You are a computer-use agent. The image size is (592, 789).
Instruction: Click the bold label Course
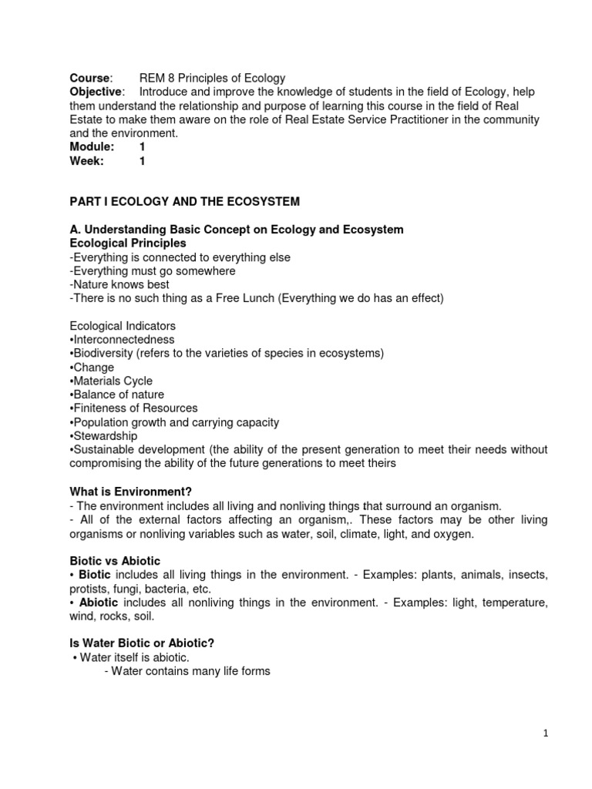click(89, 78)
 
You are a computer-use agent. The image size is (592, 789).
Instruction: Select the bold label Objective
click(96, 92)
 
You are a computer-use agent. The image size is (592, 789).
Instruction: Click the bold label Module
click(92, 147)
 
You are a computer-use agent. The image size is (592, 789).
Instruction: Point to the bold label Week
click(86, 161)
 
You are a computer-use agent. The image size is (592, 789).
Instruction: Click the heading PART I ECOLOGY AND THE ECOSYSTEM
click(184, 202)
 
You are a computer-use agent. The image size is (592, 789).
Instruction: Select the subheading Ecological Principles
click(127, 243)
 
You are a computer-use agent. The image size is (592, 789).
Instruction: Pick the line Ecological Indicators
click(123, 326)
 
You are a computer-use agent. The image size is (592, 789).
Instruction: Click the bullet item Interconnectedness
click(123, 340)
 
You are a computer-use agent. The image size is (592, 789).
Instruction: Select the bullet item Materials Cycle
click(112, 381)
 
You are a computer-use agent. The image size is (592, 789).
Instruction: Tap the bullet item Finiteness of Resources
click(134, 408)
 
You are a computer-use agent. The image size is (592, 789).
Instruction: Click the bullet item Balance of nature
click(117, 394)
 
